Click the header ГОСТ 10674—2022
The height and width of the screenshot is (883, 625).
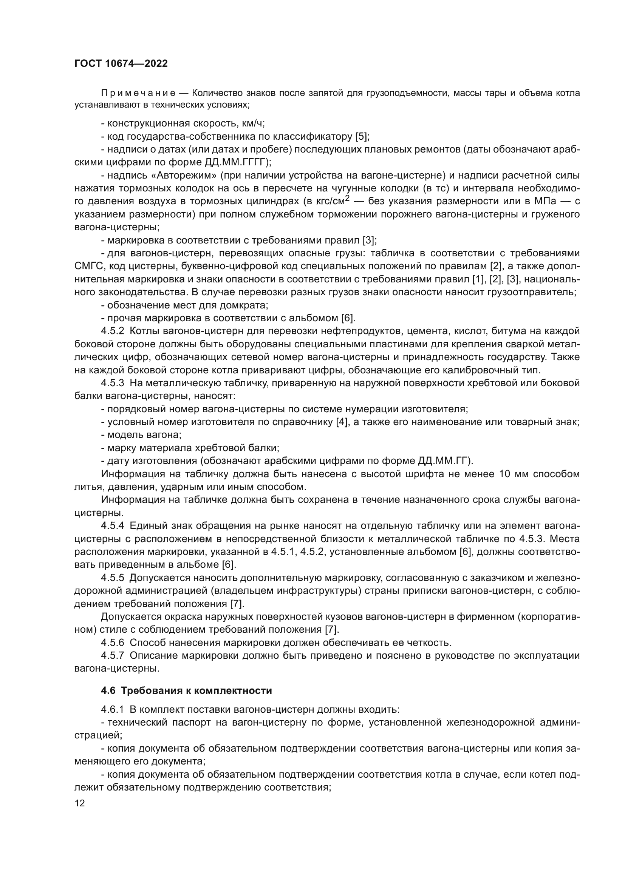121,64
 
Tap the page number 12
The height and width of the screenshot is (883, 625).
80,803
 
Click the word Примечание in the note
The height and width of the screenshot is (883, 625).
138,93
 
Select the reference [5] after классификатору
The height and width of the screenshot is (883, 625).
362,137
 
